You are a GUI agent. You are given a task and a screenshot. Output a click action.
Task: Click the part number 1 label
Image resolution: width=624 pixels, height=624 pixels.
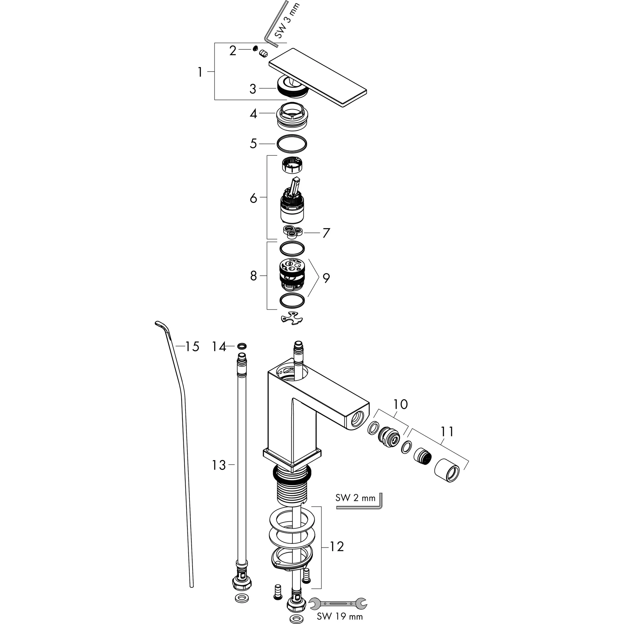coord(200,72)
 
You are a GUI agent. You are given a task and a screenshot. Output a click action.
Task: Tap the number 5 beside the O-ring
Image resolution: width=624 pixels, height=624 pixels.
coord(253,144)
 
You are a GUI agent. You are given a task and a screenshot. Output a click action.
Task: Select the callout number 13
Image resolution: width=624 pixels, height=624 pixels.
coord(219,466)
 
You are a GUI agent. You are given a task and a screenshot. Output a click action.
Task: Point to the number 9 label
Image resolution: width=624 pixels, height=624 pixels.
coord(326,278)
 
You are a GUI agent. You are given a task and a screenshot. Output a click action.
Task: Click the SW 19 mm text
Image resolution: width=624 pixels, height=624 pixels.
coord(339,616)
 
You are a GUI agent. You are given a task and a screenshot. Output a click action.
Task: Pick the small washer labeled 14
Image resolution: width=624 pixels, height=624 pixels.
coord(242,346)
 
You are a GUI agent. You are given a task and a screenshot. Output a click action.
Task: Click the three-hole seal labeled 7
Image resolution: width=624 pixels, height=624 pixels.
coord(292,232)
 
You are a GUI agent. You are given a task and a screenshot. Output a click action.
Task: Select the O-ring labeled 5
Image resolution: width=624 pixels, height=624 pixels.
coord(292,144)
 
